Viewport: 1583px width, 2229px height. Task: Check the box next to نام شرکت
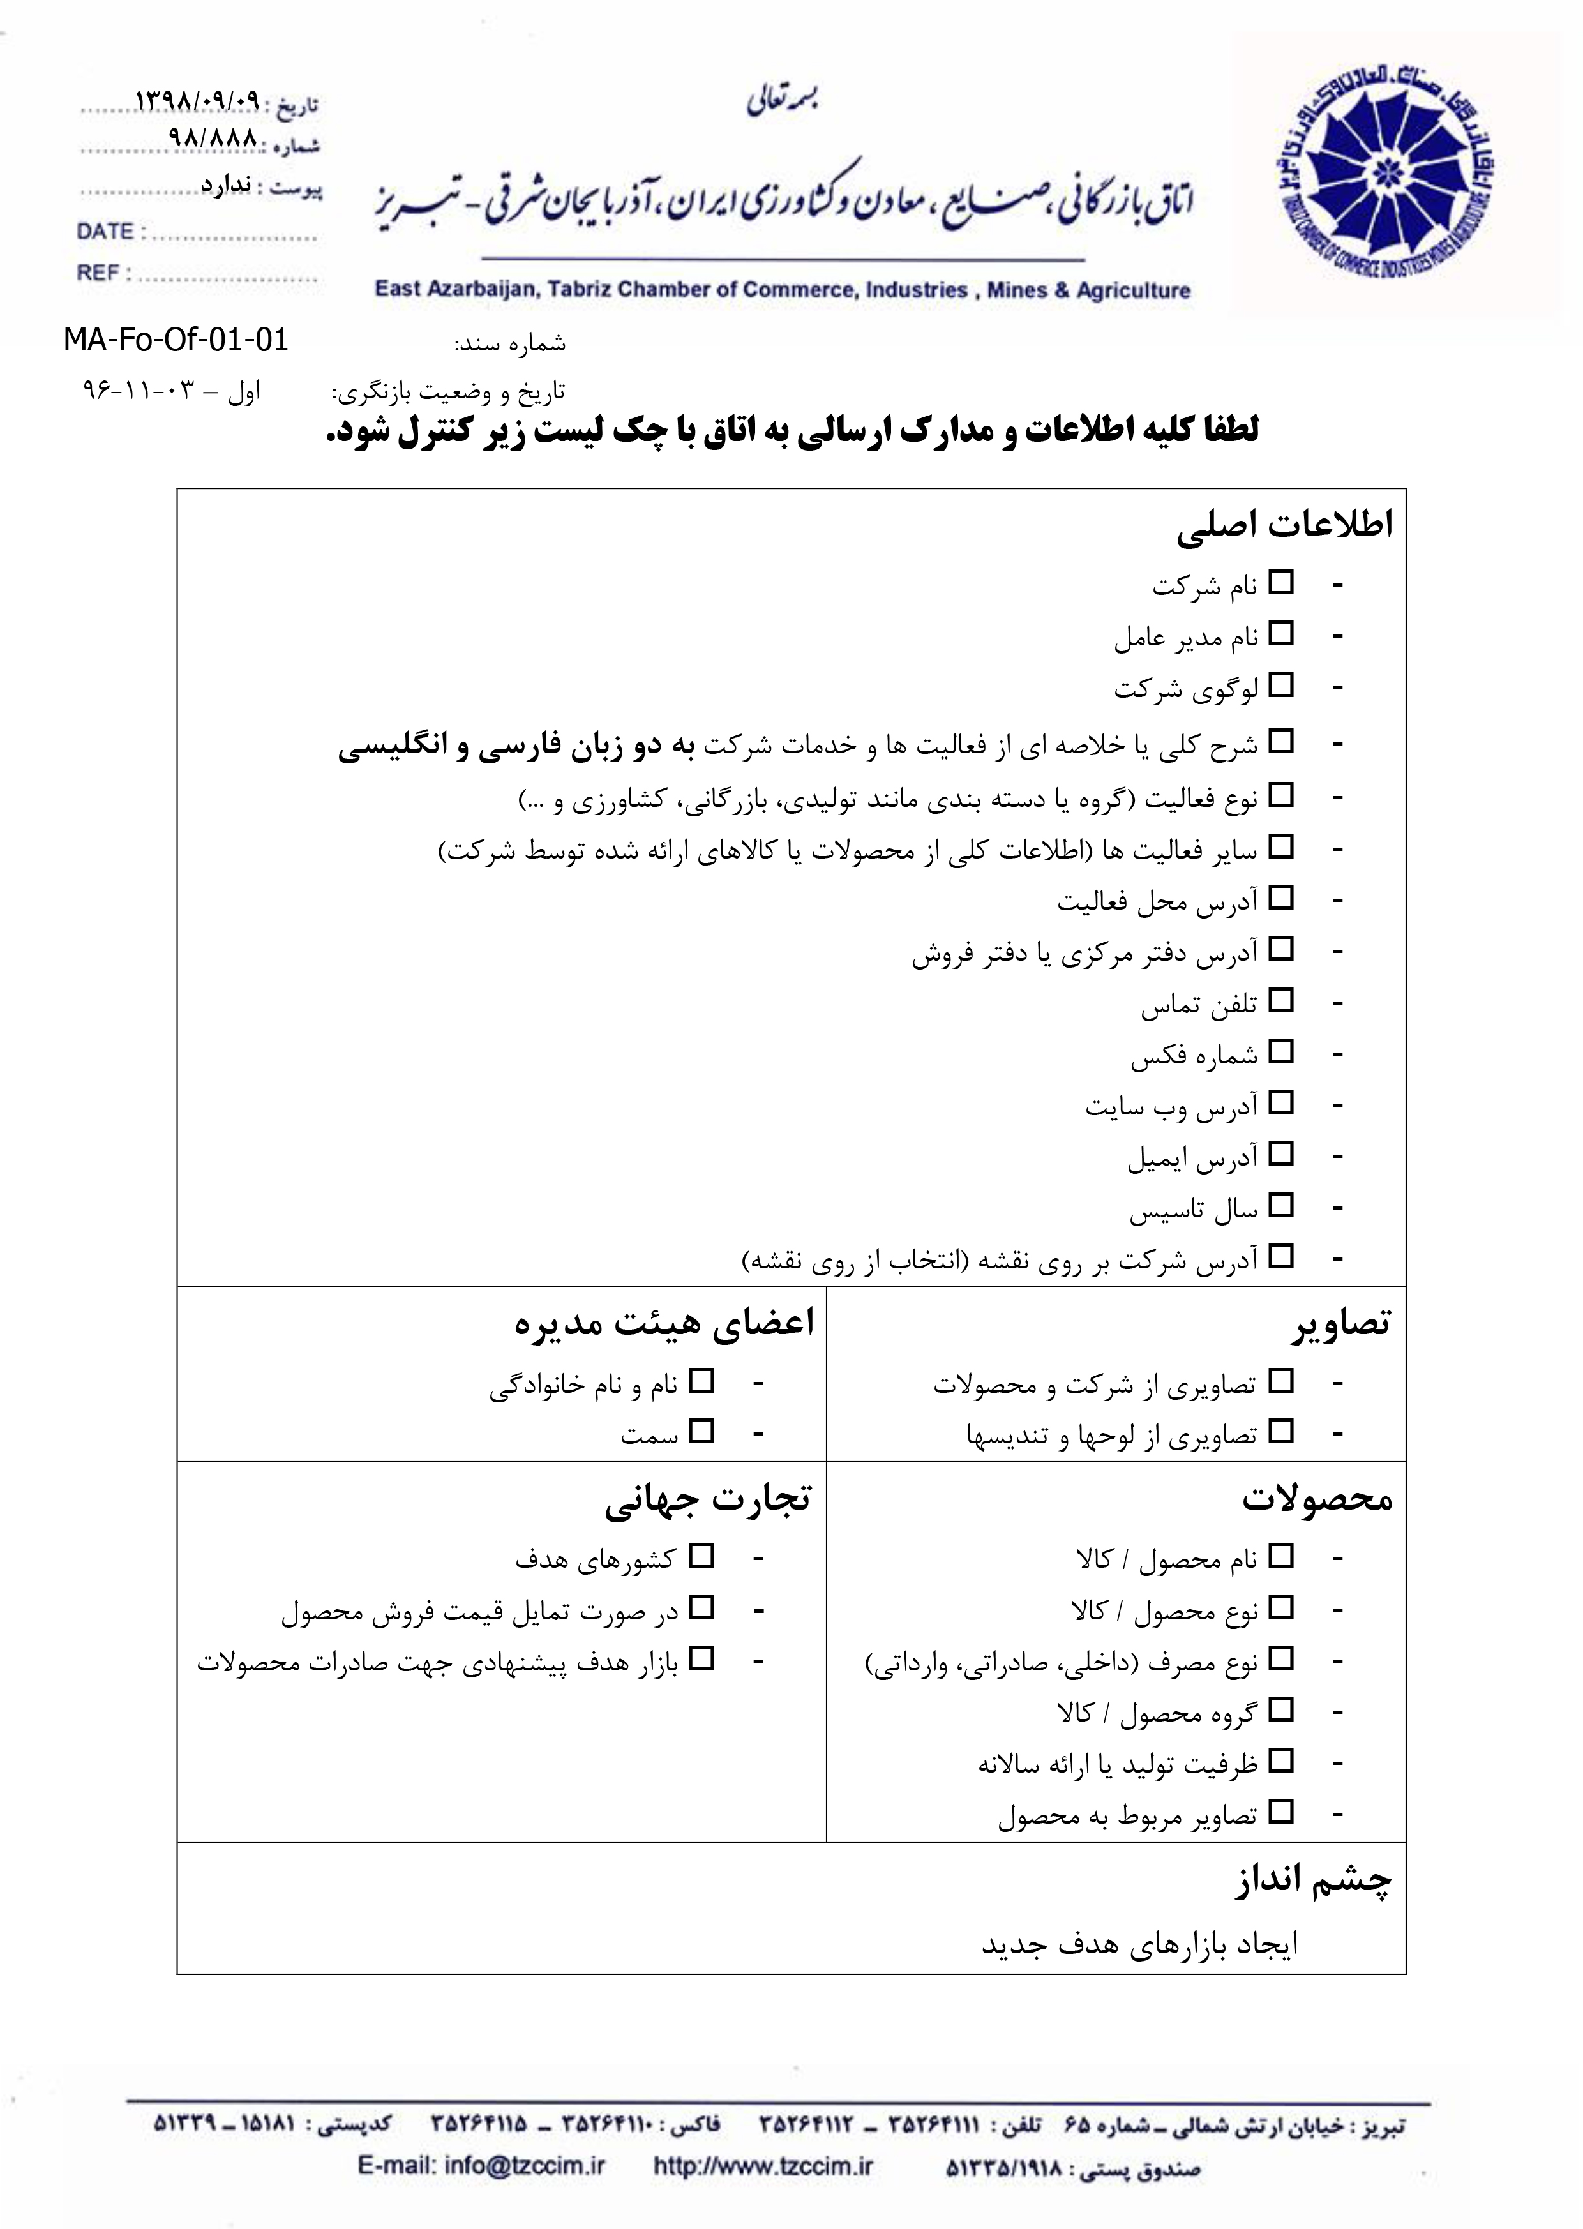click(1281, 583)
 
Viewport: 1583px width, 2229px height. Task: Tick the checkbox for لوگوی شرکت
click(1281, 685)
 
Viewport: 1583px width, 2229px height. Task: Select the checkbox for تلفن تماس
click(1281, 1000)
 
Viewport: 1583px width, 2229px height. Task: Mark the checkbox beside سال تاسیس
click(1281, 1206)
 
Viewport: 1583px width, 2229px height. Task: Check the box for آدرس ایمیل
click(1281, 1154)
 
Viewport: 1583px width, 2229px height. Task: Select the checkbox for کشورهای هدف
click(701, 1556)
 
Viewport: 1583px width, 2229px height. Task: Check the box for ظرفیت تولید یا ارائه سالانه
click(1281, 1760)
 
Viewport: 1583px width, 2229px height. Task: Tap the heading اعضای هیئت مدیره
click(664, 1325)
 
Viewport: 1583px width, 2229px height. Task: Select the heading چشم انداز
click(1314, 1880)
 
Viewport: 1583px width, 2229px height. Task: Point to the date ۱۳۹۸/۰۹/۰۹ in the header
click(198, 100)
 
